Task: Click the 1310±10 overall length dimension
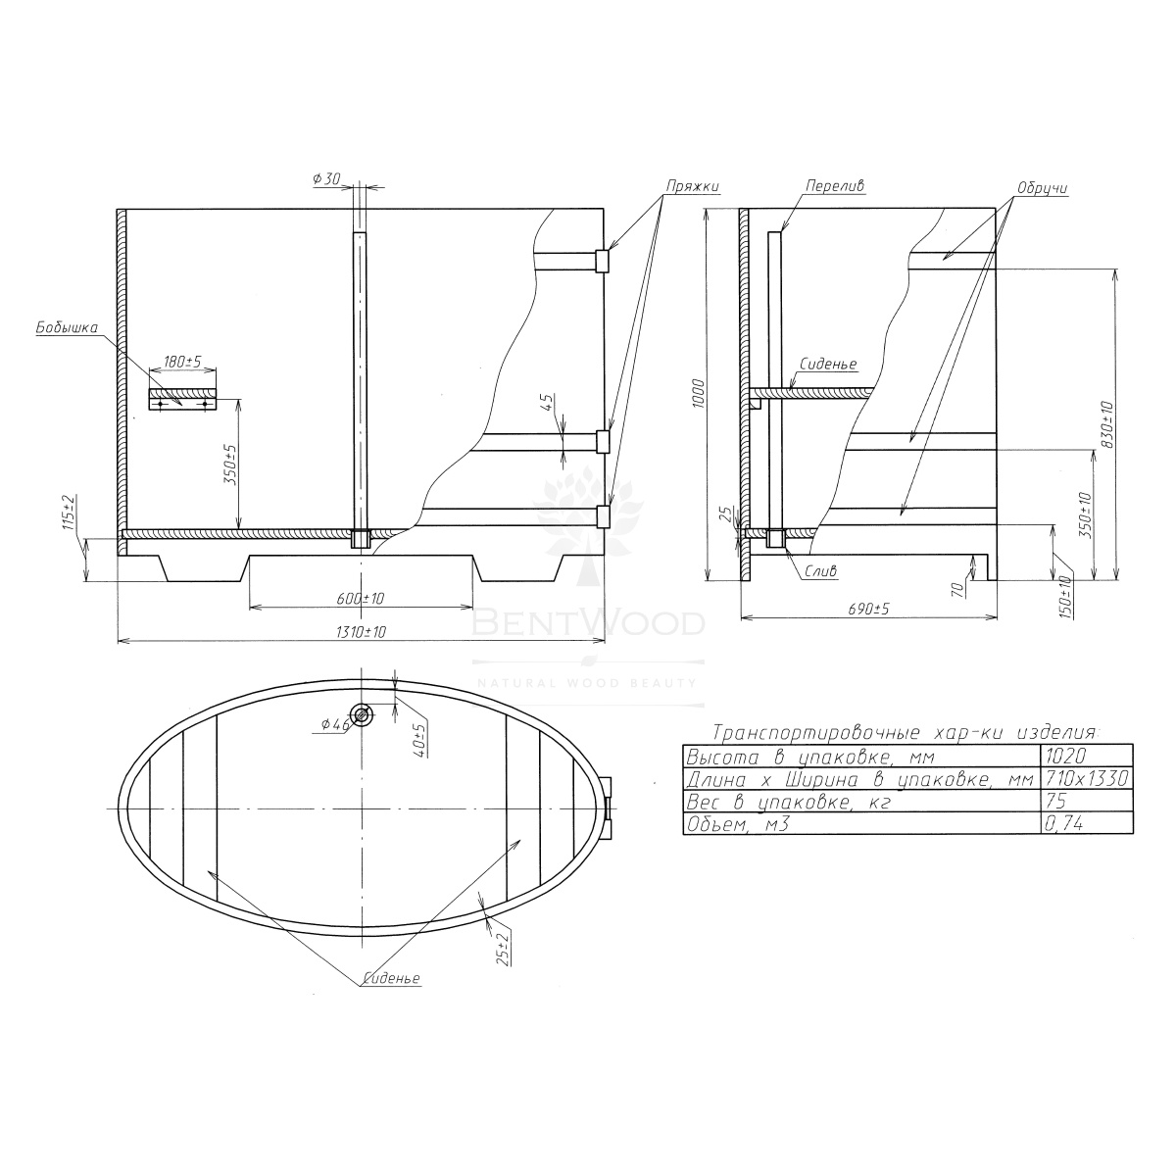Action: [x=361, y=632]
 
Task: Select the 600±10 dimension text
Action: [x=361, y=599]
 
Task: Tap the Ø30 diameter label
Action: [x=326, y=178]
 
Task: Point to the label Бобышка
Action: [x=67, y=327]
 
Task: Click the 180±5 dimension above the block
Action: [x=183, y=362]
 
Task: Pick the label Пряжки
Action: [x=693, y=186]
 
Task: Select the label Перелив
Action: [x=835, y=185]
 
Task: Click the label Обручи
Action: [x=1043, y=188]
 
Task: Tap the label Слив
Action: [x=821, y=571]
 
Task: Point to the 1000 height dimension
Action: [x=700, y=394]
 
